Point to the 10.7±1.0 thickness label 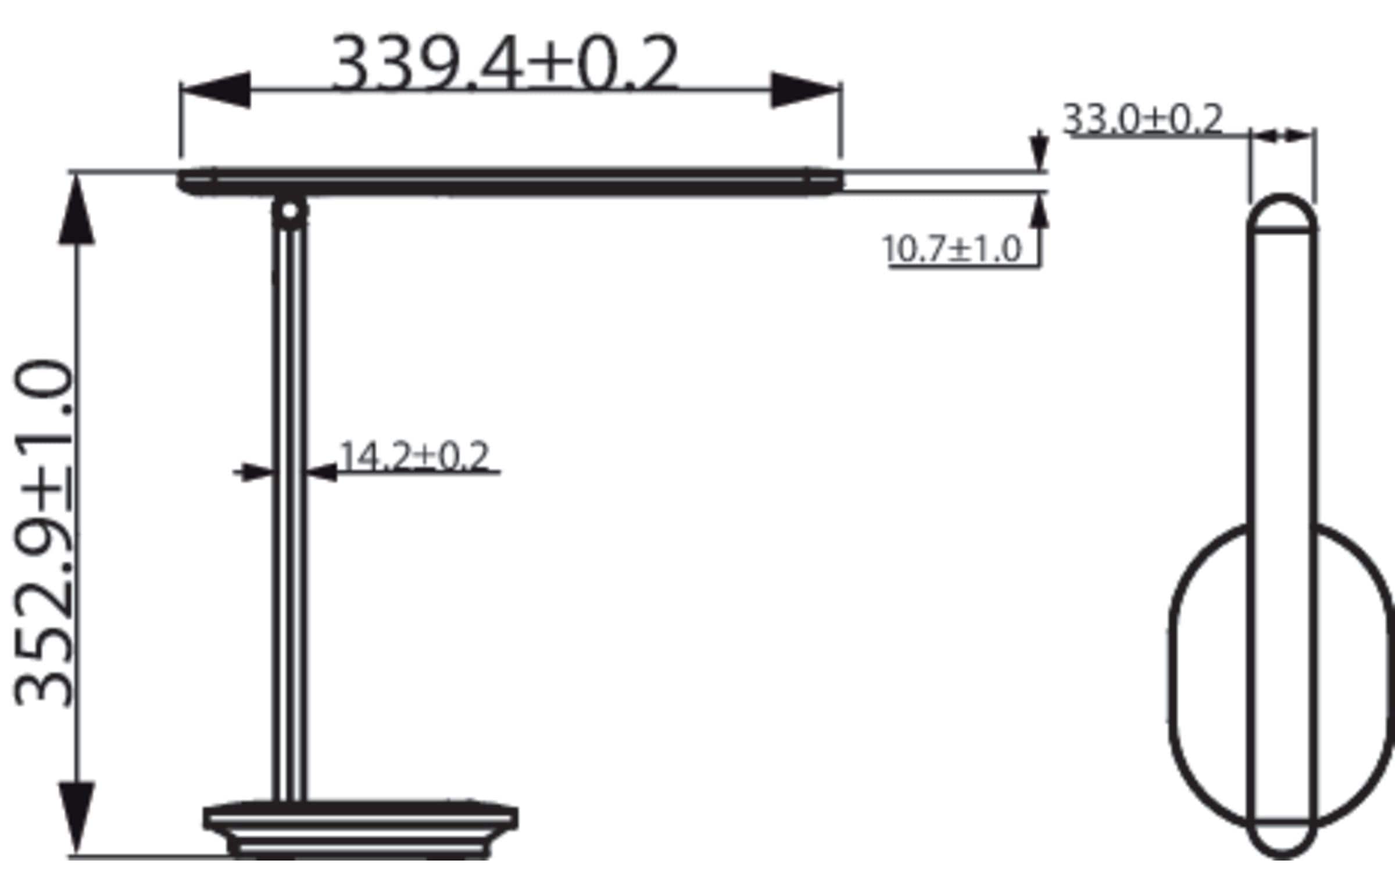point(952,249)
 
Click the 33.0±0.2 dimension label point(1143,119)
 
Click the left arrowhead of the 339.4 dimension point(216,90)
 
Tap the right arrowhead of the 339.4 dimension point(806,90)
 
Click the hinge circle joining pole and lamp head point(290,211)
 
